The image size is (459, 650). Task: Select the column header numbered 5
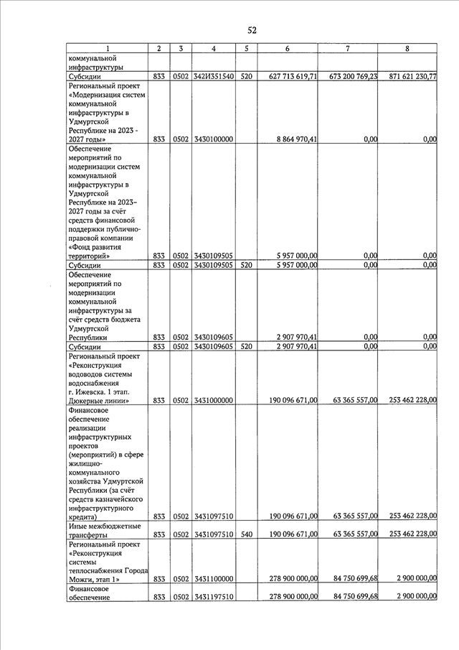(x=246, y=48)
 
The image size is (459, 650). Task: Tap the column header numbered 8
(x=407, y=48)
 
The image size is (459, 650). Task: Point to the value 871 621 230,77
(x=407, y=76)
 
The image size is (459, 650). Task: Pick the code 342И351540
(x=214, y=76)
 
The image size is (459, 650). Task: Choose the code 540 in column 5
(x=246, y=534)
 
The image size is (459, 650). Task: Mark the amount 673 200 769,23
(x=349, y=76)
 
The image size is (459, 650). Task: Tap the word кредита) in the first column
(x=82, y=517)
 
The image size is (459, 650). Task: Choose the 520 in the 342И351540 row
(x=246, y=76)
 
